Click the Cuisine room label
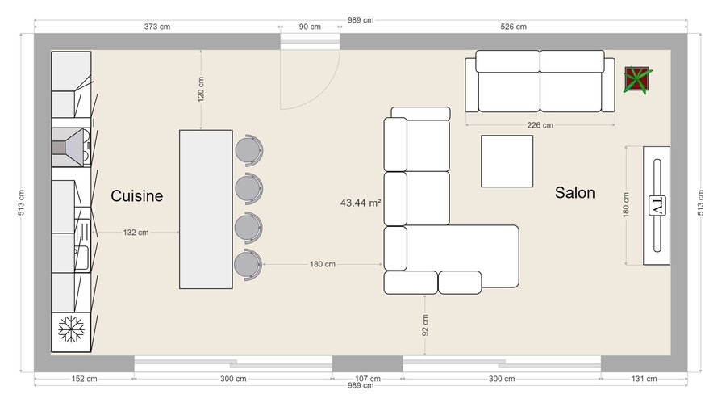point(136,195)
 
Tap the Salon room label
point(574,192)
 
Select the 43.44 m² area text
point(360,203)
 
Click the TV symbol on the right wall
point(657,205)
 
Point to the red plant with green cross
point(638,80)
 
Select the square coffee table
point(507,161)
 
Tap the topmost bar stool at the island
point(248,149)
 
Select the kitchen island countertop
point(206,209)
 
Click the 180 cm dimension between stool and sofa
point(322,264)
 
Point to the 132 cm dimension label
point(136,233)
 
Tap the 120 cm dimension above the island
point(201,89)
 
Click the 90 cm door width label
point(310,27)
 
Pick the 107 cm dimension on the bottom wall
point(367,378)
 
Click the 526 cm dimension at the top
point(513,27)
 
